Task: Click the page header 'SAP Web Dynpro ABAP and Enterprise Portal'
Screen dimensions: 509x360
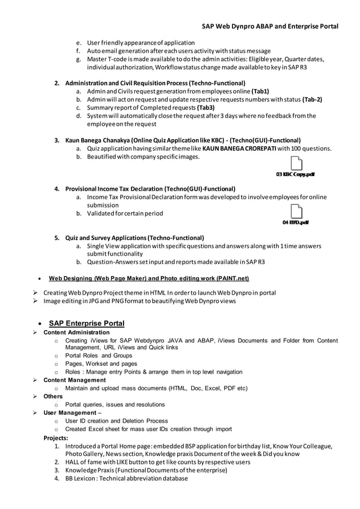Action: (270, 26)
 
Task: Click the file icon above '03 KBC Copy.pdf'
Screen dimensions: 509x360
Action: (295, 164)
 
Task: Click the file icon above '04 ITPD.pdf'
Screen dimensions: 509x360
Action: (295, 212)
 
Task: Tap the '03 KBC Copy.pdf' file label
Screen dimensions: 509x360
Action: (295, 174)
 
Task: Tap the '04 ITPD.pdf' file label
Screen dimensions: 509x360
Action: (295, 222)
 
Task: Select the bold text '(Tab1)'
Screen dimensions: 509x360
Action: (260, 91)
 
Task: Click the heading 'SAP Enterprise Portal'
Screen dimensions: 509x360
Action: (86, 323)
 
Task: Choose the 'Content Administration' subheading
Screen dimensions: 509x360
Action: (76, 333)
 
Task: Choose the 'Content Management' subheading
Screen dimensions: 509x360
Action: (74, 380)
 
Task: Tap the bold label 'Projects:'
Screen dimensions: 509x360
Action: (56, 437)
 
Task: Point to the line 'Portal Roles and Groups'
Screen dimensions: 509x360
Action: (99, 356)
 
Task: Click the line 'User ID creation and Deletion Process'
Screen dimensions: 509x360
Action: (116, 421)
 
